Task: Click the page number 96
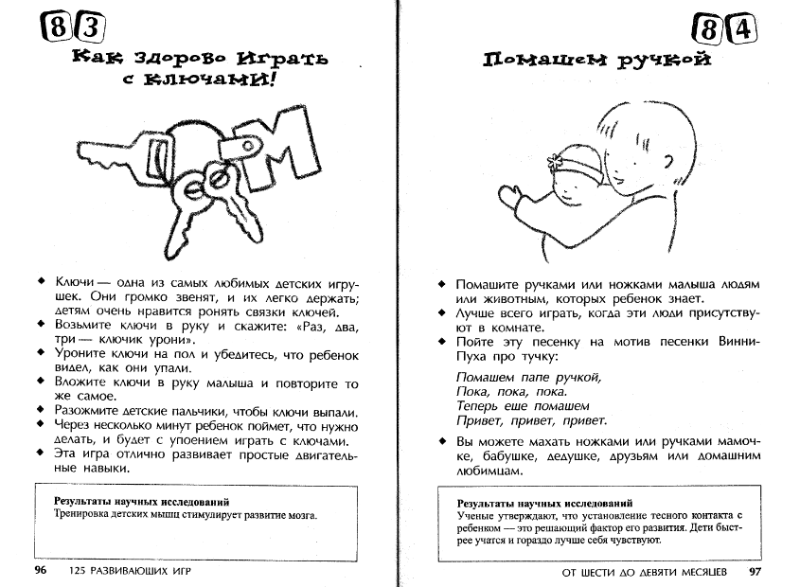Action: click(41, 572)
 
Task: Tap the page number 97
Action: click(755, 572)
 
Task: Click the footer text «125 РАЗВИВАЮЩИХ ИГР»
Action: click(137, 572)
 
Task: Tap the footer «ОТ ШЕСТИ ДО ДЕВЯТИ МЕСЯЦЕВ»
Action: click(644, 572)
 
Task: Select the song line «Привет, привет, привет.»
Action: click(531, 420)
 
